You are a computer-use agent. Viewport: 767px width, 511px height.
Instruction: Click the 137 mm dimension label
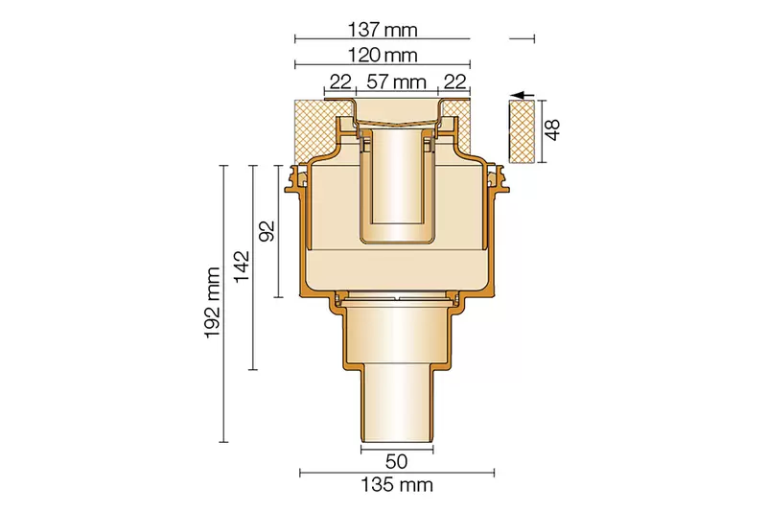(x=383, y=30)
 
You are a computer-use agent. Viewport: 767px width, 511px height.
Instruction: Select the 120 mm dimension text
(x=383, y=55)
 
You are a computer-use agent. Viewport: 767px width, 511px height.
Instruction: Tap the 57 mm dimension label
(x=396, y=81)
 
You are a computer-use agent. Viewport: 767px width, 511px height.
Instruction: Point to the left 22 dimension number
(x=340, y=81)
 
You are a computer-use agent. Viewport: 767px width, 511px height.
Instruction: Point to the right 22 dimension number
(x=453, y=81)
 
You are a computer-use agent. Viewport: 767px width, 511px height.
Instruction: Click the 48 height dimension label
(x=552, y=129)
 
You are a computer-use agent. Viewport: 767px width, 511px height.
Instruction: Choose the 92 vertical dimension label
(x=267, y=231)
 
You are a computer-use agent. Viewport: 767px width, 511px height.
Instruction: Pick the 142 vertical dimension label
(x=242, y=267)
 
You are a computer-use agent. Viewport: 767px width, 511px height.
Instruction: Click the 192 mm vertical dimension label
(x=212, y=303)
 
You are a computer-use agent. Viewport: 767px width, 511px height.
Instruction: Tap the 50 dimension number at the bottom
(x=396, y=461)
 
